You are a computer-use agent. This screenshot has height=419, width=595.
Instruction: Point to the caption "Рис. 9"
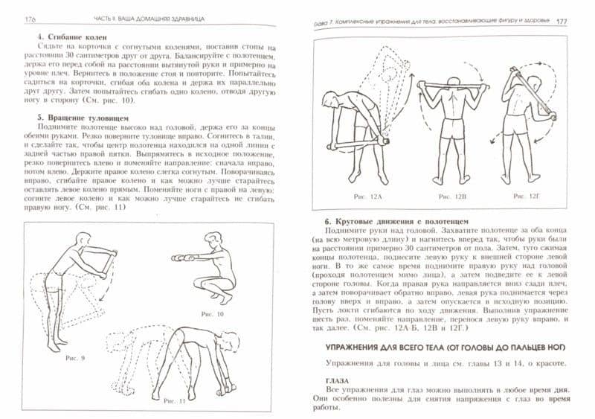tap(76, 358)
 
